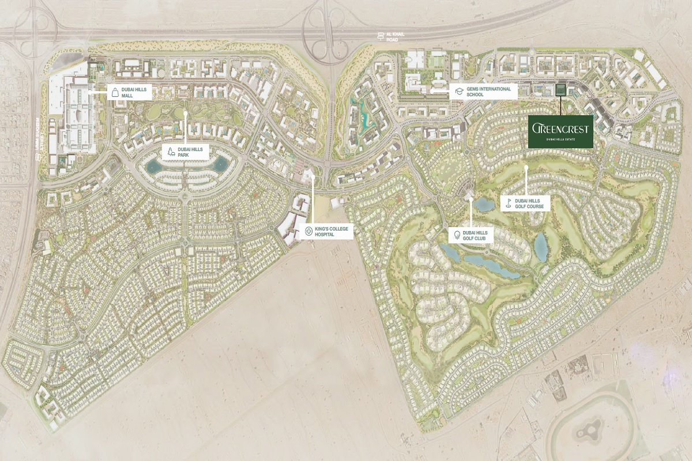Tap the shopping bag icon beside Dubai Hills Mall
coord(115,91)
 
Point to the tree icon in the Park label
coord(171,152)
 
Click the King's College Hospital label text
coord(331,232)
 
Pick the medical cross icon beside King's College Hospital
coord(309,232)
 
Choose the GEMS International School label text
coord(487,91)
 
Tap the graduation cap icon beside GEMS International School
coord(458,91)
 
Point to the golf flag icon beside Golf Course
coord(509,203)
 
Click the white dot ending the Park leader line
coord(185,114)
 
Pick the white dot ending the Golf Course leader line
coord(526,168)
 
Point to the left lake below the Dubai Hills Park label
coord(154,167)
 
